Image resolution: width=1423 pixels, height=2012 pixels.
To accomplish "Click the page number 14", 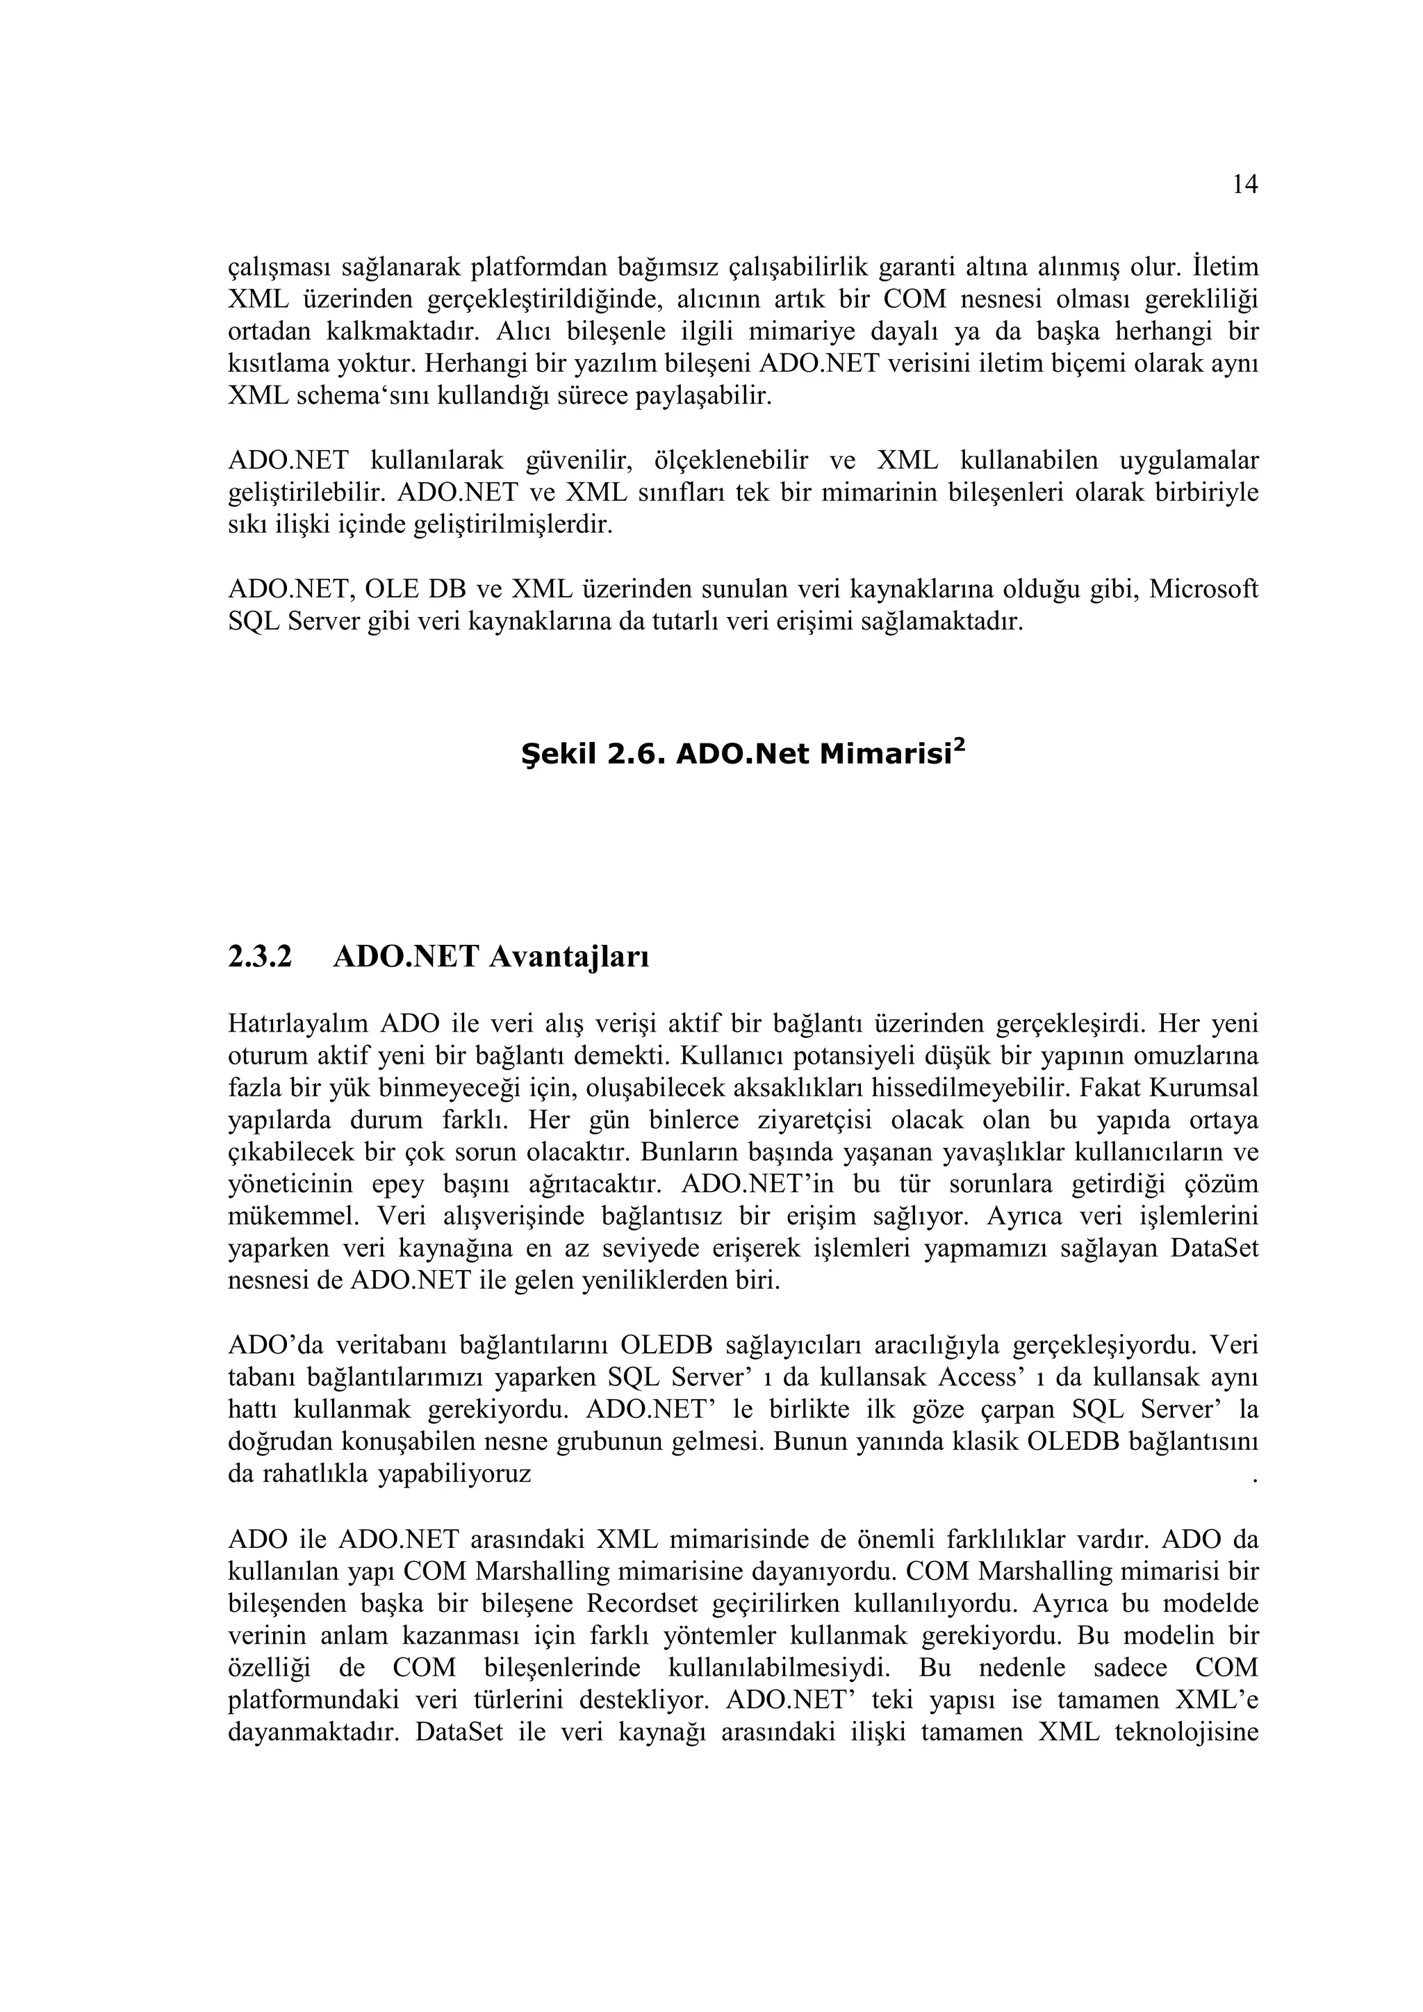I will click(1244, 184).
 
